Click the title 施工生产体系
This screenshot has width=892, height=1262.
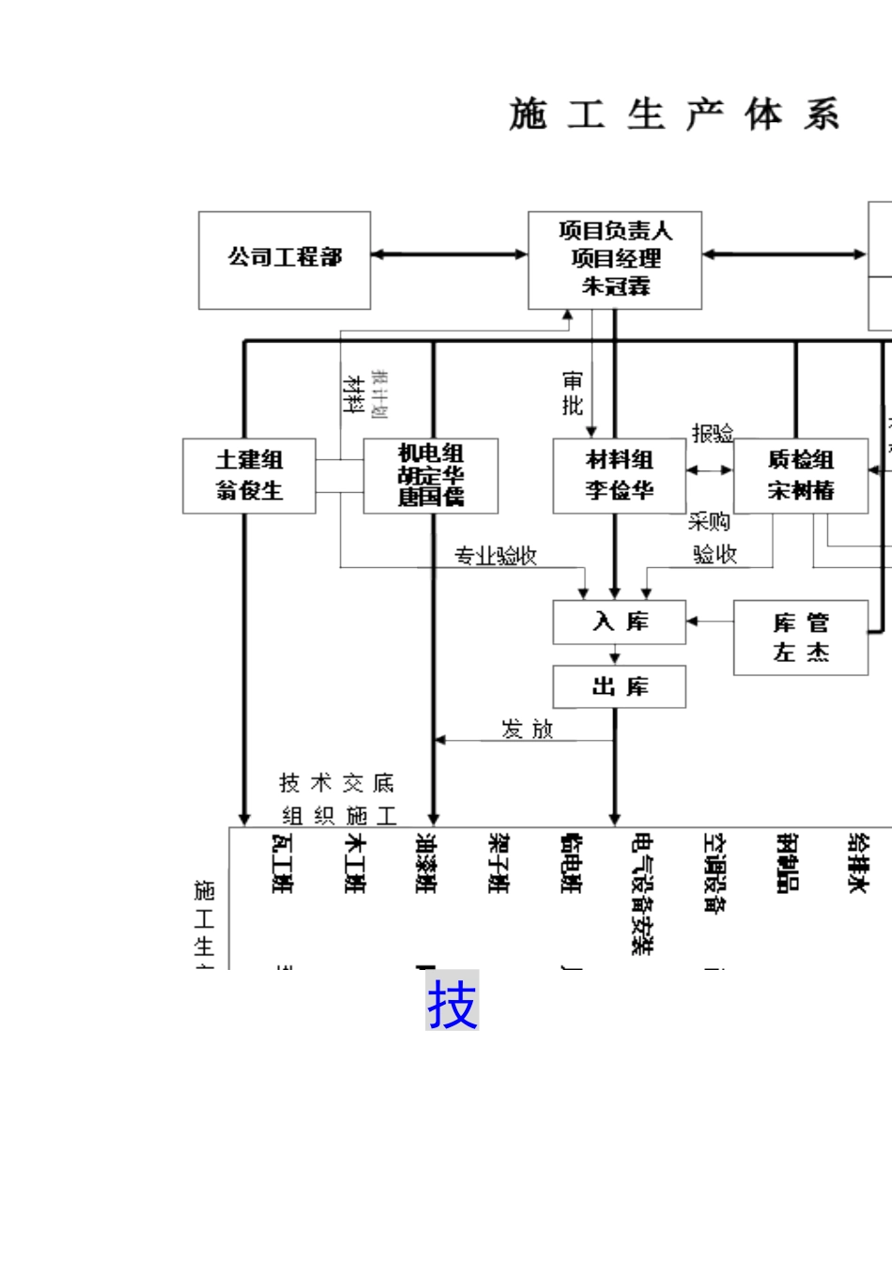(x=674, y=115)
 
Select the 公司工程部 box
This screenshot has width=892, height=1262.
(x=285, y=260)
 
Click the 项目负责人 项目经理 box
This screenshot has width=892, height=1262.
(x=615, y=260)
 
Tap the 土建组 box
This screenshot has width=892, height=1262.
(x=249, y=476)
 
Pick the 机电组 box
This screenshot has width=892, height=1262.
(x=431, y=476)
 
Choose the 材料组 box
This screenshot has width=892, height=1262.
(x=619, y=476)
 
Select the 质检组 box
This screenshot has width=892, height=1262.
(x=801, y=476)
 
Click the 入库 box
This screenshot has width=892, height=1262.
(x=619, y=623)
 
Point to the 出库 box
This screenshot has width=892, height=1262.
(x=619, y=687)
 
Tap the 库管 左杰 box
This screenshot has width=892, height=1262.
(x=801, y=638)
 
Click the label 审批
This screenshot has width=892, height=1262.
(x=573, y=393)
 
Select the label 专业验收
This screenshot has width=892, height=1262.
(x=496, y=557)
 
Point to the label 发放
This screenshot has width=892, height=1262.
(x=528, y=730)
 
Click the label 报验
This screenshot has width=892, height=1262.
(x=713, y=433)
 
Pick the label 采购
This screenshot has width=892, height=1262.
(x=709, y=522)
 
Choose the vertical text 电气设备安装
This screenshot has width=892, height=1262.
(x=642, y=893)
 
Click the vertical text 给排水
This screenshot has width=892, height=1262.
(x=857, y=862)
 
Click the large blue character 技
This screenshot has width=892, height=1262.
(x=453, y=1003)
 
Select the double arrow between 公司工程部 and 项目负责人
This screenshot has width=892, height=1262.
(x=449, y=254)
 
